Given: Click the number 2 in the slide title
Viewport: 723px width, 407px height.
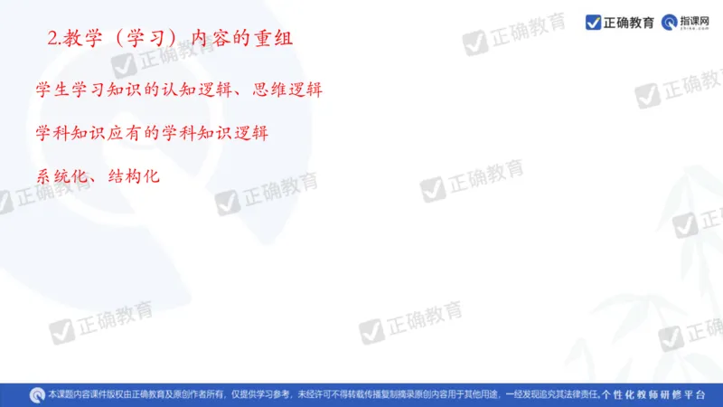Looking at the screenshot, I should coord(51,39).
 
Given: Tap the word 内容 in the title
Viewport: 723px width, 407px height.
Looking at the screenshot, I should coord(209,39).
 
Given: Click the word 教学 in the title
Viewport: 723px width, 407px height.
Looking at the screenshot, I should coord(80,39).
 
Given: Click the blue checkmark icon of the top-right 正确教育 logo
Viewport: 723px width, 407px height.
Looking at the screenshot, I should coord(594,22).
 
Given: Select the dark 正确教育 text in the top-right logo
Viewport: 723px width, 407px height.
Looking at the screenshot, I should coord(629,22).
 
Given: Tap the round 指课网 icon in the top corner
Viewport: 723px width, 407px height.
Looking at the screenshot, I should coord(670,22).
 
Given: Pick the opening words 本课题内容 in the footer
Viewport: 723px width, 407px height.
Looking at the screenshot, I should coord(70,395).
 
